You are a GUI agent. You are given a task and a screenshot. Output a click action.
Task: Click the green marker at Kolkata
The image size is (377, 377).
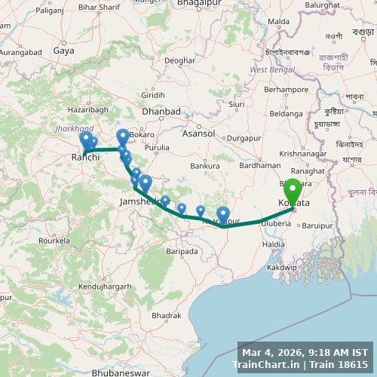[x=292, y=190]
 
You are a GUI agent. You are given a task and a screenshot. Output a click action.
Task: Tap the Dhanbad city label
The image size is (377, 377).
[x=161, y=111]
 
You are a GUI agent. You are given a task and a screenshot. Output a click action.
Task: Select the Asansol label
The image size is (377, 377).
[x=198, y=133]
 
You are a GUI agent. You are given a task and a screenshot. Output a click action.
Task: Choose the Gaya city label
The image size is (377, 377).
[x=63, y=51]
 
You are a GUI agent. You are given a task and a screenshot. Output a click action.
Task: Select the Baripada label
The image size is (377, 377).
[x=182, y=250]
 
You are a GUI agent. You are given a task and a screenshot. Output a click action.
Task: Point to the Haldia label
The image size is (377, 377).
[x=274, y=244]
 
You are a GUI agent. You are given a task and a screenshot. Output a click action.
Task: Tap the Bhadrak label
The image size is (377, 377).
[x=165, y=315]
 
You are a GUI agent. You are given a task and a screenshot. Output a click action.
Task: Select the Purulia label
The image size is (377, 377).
[x=158, y=147]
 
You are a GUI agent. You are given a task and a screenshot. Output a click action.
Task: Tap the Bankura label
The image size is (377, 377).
[x=205, y=165]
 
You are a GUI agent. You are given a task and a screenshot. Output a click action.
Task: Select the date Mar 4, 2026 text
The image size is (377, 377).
[x=271, y=352]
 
